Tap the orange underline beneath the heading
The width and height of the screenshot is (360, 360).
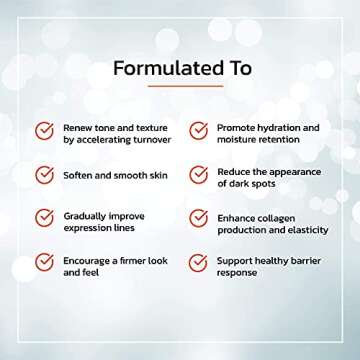click(x=180, y=86)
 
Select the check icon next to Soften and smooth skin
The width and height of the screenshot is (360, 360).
click(x=44, y=176)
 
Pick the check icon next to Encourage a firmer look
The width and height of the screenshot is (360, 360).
click(x=44, y=264)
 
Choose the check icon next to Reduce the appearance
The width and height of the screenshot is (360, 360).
click(x=198, y=176)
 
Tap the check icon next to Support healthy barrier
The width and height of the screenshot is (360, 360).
click(x=198, y=264)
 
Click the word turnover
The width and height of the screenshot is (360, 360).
click(x=147, y=141)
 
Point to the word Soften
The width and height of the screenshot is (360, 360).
click(x=78, y=176)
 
